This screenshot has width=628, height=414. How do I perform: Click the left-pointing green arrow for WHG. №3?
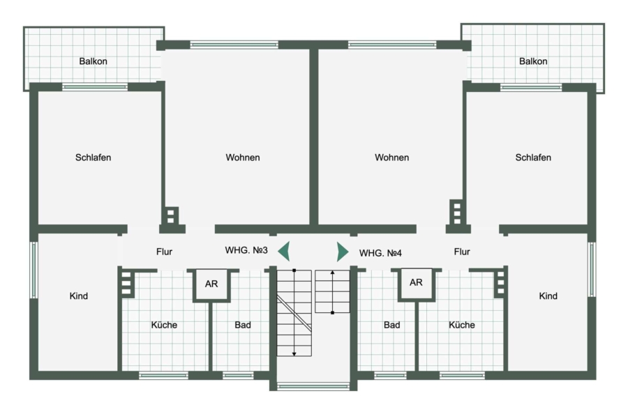[285, 252]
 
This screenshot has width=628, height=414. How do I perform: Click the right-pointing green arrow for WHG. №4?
[342, 252]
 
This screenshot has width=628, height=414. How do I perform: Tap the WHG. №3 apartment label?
[246, 250]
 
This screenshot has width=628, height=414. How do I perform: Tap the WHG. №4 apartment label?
[380, 253]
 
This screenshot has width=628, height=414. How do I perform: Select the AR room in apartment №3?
[211, 284]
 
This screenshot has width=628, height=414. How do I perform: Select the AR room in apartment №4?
[416, 283]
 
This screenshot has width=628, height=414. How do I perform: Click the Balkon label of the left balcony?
[93, 61]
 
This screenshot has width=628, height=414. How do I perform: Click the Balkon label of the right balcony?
[533, 61]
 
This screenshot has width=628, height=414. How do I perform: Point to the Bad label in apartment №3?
[243, 325]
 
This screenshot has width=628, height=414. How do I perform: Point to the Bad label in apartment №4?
[391, 325]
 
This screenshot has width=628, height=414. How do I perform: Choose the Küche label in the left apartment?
[164, 325]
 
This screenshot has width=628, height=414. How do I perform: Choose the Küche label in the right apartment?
[462, 325]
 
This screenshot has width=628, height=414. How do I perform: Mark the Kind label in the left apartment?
[78, 296]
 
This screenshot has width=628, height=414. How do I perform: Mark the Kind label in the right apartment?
[548, 296]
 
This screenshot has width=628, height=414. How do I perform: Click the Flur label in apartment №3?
[164, 252]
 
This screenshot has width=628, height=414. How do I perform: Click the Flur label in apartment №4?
[462, 252]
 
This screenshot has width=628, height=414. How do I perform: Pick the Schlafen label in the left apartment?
[93, 158]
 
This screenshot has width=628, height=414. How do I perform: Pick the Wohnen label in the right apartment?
[391, 158]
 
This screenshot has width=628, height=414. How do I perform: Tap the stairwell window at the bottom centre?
[313, 386]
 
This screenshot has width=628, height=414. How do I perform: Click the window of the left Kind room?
[33, 270]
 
